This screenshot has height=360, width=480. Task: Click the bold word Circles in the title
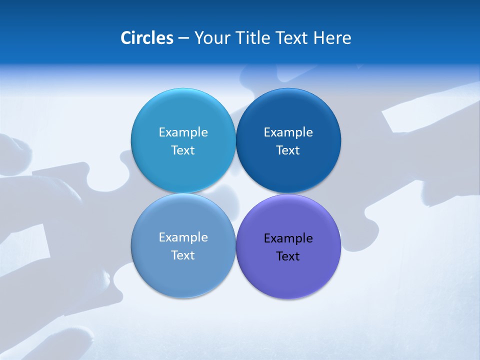point(146,37)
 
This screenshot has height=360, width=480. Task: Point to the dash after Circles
point(183,38)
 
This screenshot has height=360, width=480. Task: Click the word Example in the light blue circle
point(183,132)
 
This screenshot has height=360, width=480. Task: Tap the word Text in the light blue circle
point(183,150)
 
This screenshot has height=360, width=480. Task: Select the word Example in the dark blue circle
point(288,132)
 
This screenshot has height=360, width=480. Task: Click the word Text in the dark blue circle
point(288,150)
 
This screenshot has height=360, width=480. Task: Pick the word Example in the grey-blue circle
point(183,237)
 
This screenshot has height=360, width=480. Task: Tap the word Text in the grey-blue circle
point(183,255)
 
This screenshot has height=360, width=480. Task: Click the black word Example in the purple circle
point(288,238)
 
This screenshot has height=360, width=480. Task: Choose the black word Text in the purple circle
point(288,256)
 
